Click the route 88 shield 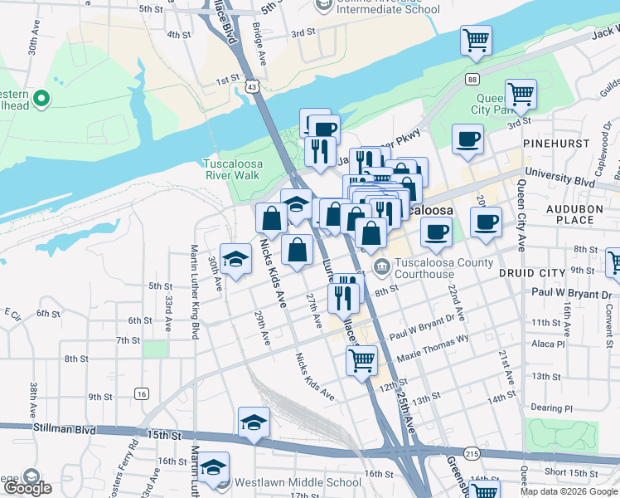472,79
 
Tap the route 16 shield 143,394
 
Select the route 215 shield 472,455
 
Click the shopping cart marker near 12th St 361,361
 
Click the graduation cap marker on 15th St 254,422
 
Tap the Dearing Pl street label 552,408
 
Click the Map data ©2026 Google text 569,491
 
